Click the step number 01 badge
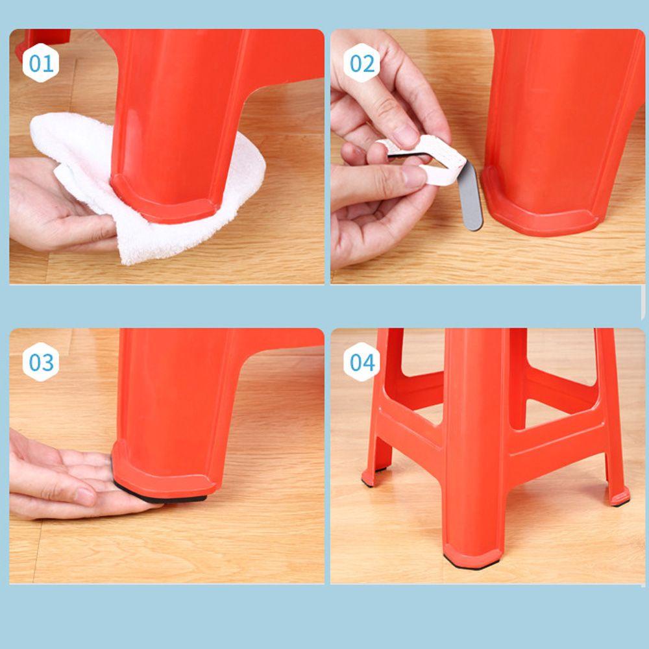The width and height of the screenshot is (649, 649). coord(40,64)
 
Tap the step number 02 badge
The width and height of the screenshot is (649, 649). coord(361,63)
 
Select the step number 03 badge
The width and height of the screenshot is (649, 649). coord(40,361)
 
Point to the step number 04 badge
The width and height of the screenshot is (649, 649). coord(361,361)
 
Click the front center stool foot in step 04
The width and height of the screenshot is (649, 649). coord(472,557)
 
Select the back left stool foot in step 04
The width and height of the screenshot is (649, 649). coord(374,476)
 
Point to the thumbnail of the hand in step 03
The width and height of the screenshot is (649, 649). coord(86,496)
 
